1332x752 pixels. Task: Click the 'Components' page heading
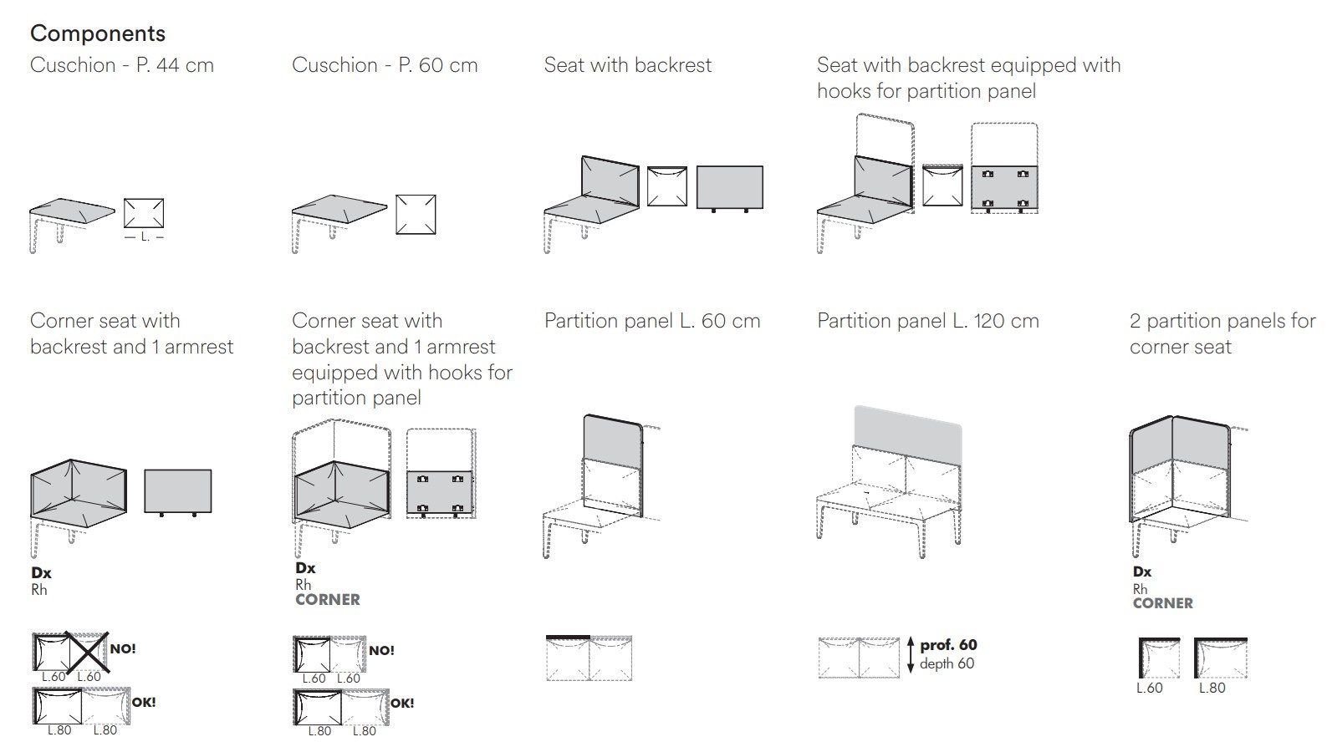(98, 33)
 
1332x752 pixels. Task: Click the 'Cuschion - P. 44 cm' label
(122, 65)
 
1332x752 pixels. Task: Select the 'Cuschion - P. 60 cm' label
(385, 65)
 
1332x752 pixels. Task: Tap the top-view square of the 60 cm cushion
(416, 215)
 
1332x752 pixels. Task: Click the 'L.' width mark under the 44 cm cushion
(144, 237)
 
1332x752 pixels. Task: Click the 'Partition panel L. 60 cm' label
(652, 321)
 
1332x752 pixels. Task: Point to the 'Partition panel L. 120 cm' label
(927, 321)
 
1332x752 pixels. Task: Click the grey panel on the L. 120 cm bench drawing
(908, 426)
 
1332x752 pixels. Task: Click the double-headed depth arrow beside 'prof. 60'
(910, 654)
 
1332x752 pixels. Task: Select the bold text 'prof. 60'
(948, 645)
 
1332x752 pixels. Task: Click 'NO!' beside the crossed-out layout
(122, 648)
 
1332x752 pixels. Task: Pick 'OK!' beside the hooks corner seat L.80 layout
(402, 704)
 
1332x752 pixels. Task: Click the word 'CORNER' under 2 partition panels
(1162, 603)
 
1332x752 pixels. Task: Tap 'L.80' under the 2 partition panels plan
(1212, 688)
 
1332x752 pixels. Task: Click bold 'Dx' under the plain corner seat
(41, 573)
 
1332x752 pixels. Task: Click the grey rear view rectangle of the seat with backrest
(729, 187)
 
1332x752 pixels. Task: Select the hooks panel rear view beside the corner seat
(440, 493)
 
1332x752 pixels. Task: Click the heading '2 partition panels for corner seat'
(1222, 333)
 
